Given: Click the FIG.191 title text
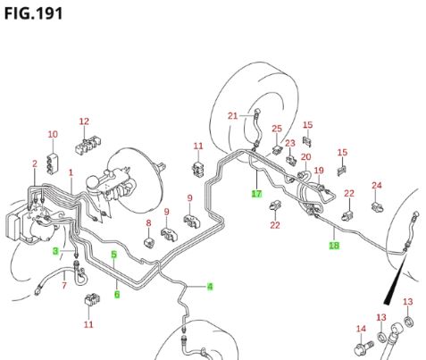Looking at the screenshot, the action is [33, 13].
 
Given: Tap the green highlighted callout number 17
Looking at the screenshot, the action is [256, 194].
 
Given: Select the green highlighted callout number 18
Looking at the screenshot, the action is [334, 246].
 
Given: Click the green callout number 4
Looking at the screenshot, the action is [210, 287].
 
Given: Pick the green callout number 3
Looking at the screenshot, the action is [55, 251].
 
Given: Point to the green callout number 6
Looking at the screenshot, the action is [117, 295].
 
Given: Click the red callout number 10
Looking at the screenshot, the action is [53, 135].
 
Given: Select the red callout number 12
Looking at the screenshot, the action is [84, 121].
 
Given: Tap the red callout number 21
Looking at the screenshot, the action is [233, 115].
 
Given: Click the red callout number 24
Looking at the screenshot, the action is [377, 186].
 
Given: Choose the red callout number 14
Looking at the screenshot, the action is [361, 329].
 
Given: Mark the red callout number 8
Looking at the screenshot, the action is [148, 223].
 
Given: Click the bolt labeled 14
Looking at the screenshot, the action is [364, 347].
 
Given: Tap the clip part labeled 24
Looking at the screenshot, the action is [377, 206].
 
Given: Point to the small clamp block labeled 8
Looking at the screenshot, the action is [150, 242].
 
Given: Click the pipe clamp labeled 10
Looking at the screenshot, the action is [53, 163].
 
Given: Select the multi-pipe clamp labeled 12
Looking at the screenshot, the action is [88, 145].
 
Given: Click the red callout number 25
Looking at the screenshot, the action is [277, 129].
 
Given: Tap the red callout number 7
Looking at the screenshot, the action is [64, 286].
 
